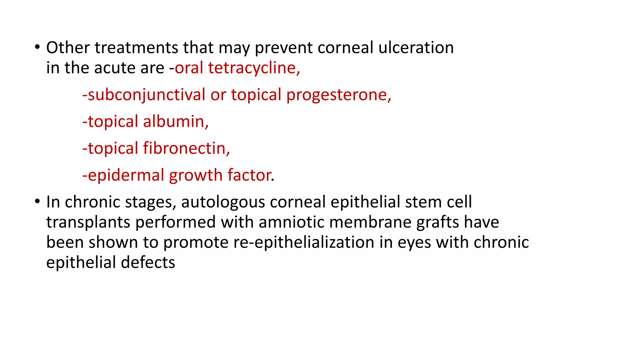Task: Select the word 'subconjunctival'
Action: click(146, 95)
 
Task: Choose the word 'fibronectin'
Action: click(186, 148)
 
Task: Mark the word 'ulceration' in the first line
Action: click(416, 47)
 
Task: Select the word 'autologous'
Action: click(223, 202)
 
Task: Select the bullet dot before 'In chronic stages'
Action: click(37, 202)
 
